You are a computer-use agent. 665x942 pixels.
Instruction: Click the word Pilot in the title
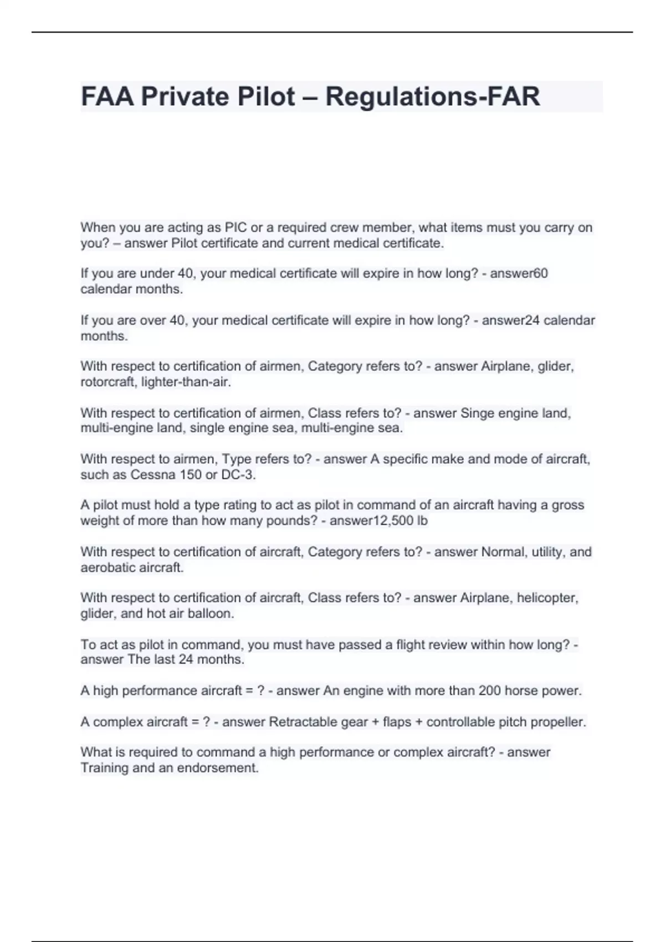click(x=266, y=96)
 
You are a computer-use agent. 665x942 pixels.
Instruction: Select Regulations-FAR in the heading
click(x=432, y=96)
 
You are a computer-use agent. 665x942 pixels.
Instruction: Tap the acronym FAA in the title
click(x=107, y=96)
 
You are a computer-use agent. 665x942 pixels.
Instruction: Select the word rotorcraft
click(x=108, y=382)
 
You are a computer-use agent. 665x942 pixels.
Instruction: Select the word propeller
click(x=558, y=722)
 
